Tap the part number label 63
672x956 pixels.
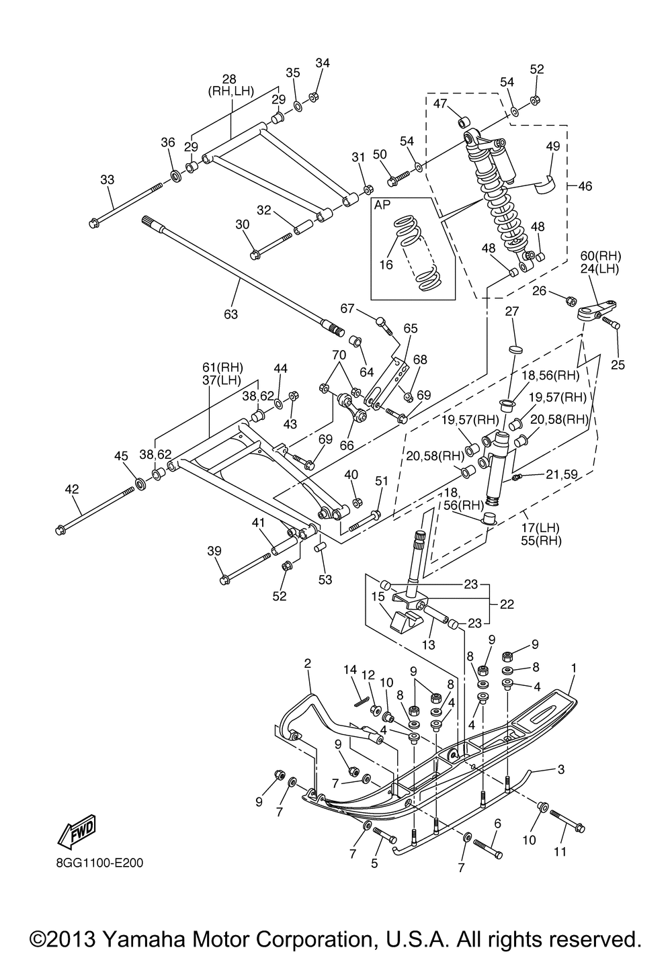pos(230,314)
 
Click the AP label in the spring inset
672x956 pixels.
pos(382,205)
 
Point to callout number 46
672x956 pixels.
pos(585,186)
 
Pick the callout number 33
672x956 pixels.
pos(107,179)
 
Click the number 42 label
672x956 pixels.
pos(72,489)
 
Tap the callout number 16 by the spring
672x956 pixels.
pos(386,265)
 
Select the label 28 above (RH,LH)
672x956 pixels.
pos(229,79)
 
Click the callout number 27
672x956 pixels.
pos(512,312)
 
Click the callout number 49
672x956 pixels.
pos(552,146)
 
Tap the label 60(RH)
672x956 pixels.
pos(601,256)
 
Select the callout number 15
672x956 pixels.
pos(378,596)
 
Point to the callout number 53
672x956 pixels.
pos(325,580)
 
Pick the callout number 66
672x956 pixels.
pos(347,445)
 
